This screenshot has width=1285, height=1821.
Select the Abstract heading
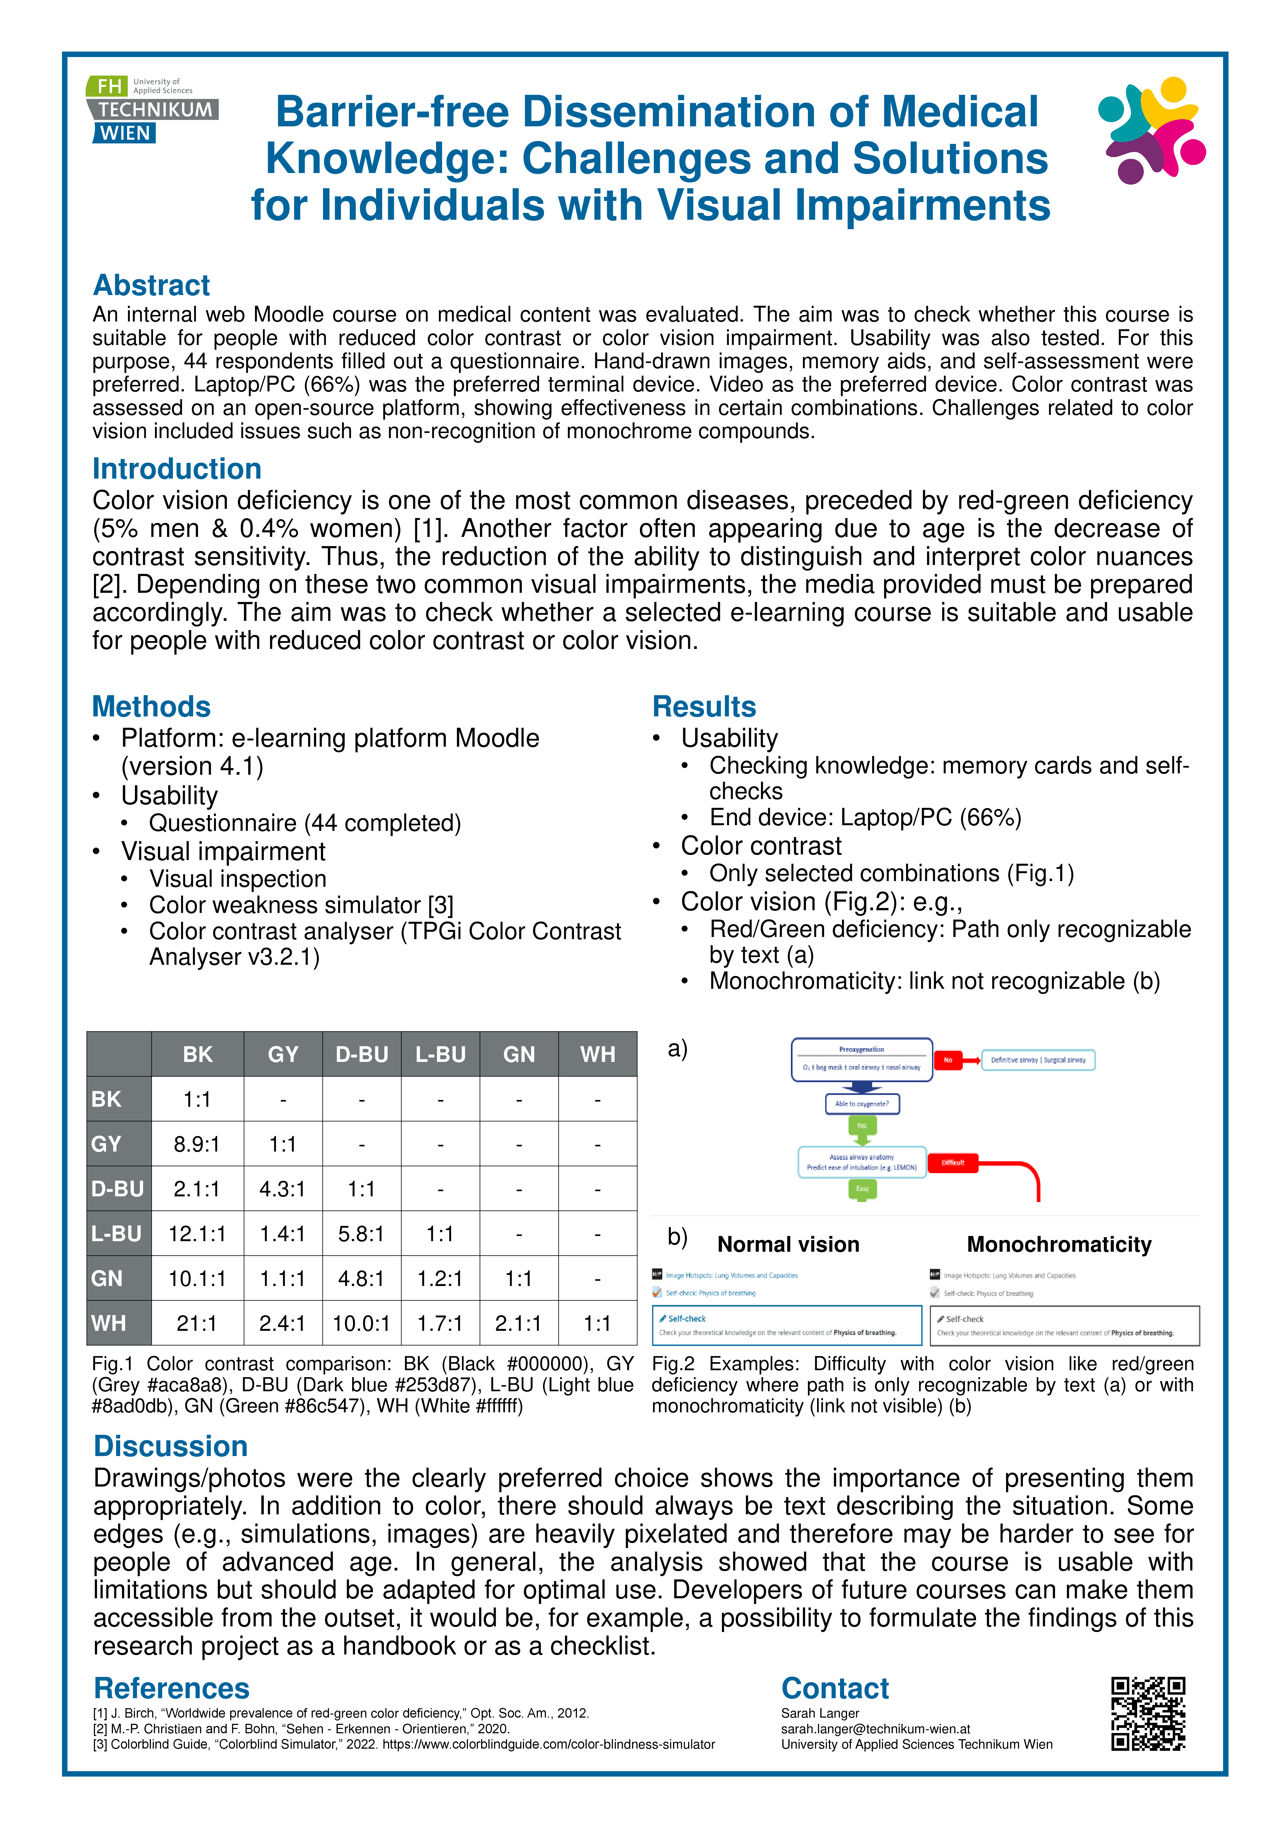(151, 285)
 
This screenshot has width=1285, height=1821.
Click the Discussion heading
(171, 1446)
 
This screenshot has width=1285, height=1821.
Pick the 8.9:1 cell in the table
(197, 1144)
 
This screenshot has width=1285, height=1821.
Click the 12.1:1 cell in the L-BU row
(197, 1233)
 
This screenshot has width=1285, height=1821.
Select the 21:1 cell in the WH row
(197, 1323)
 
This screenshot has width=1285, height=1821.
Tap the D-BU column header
(362, 1054)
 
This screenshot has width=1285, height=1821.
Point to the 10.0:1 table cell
(362, 1323)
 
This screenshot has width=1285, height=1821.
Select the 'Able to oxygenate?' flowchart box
(862, 1103)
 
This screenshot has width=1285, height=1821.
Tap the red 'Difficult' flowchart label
(953, 1163)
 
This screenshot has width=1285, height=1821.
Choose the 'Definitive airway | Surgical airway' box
(1038, 1060)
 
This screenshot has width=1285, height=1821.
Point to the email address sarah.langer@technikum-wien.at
(875, 1729)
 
